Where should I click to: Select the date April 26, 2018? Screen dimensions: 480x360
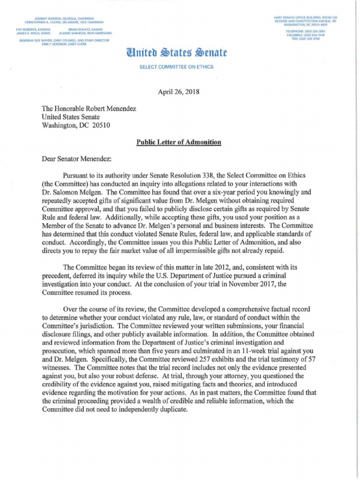pos(180,92)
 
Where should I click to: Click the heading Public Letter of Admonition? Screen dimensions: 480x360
pos(179,142)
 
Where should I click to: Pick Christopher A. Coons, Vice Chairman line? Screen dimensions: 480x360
pos(64,22)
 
